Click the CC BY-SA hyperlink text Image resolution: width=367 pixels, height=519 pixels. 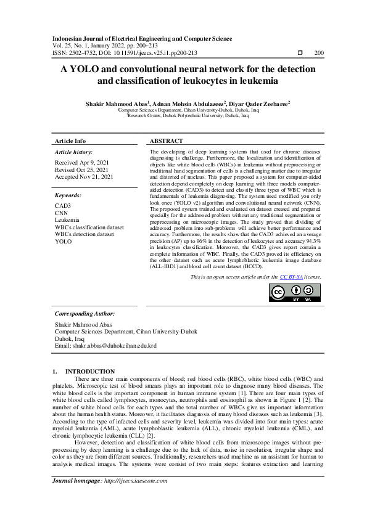(291, 277)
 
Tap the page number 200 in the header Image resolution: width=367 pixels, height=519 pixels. (319, 54)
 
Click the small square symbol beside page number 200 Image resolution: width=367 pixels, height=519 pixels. (300, 54)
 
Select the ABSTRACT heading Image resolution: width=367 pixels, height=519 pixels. (166, 141)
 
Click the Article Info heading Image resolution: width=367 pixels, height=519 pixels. (70, 141)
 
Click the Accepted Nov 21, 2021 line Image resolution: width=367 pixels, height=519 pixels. (84, 177)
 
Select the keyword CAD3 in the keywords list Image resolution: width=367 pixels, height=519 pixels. (63, 205)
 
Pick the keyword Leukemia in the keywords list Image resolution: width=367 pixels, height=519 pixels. (67, 220)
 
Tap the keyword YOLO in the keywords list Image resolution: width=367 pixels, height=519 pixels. (64, 242)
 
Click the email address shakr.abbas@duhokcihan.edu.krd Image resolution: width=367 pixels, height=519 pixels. (105, 346)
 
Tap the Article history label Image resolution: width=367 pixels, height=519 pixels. (73, 152)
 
